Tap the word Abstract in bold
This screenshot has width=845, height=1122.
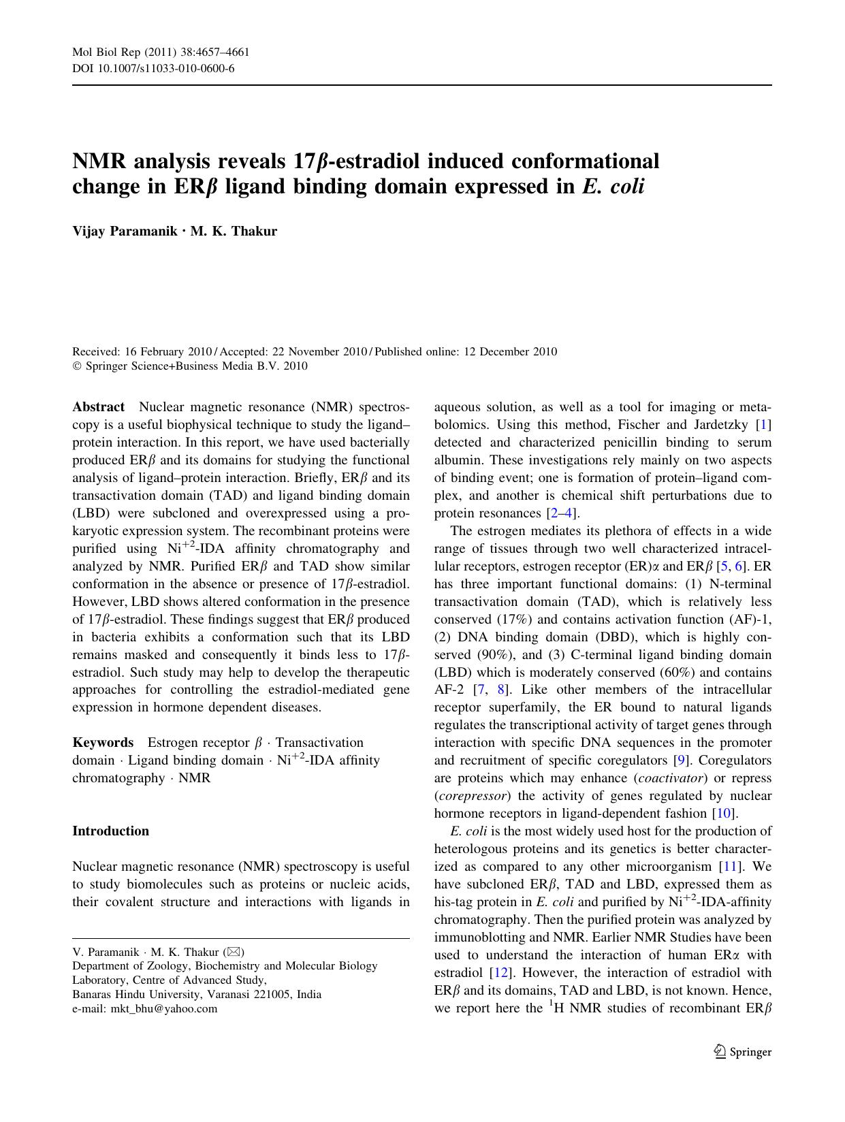pos(98,407)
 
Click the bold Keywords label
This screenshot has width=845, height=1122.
pos(103,742)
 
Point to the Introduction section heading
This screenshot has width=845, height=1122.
pos(110,831)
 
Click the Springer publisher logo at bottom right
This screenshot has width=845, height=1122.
pos(742,1051)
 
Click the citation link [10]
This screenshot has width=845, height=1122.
pos(724,813)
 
